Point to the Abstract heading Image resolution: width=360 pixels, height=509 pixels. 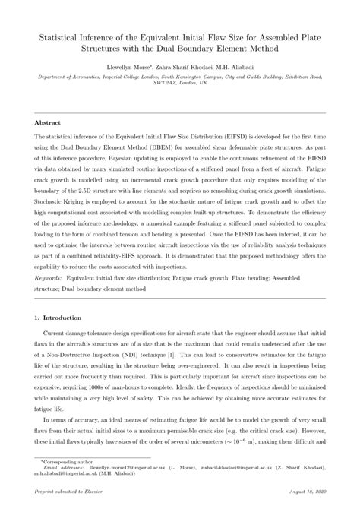pyautogui.click(x=49, y=122)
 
